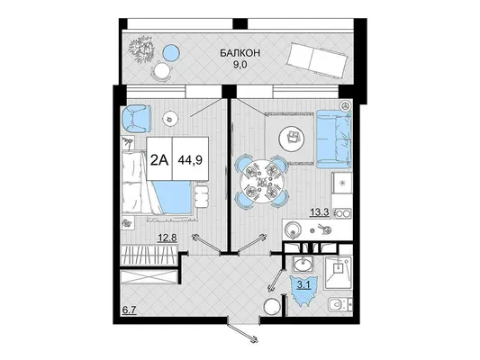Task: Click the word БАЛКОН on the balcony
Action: click(x=240, y=53)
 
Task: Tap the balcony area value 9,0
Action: click(x=240, y=65)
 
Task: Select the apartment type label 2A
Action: click(x=159, y=159)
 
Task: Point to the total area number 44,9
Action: click(x=190, y=159)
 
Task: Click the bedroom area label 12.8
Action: click(x=168, y=238)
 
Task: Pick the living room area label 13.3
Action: click(x=320, y=212)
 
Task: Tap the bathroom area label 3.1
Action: click(x=304, y=285)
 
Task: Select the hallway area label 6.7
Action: click(x=129, y=310)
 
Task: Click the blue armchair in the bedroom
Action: click(x=136, y=119)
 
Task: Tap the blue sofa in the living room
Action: click(x=334, y=139)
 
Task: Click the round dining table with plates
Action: click(x=261, y=183)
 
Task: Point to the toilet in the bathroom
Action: click(x=340, y=304)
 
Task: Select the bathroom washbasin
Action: click(x=303, y=264)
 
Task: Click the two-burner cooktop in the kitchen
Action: click(x=342, y=213)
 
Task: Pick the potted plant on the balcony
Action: click(x=141, y=49)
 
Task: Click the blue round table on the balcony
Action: click(x=170, y=52)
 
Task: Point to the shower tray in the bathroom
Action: click(x=339, y=272)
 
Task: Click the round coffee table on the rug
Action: click(x=292, y=138)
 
